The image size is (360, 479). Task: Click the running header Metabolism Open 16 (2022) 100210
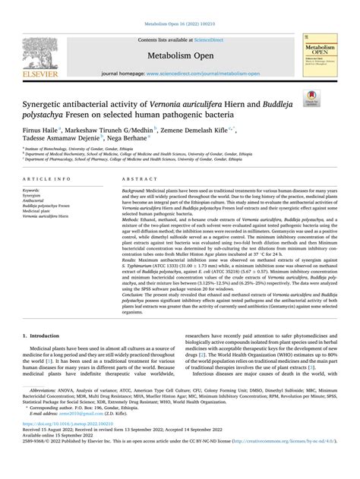pyautogui.click(x=179, y=6)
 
